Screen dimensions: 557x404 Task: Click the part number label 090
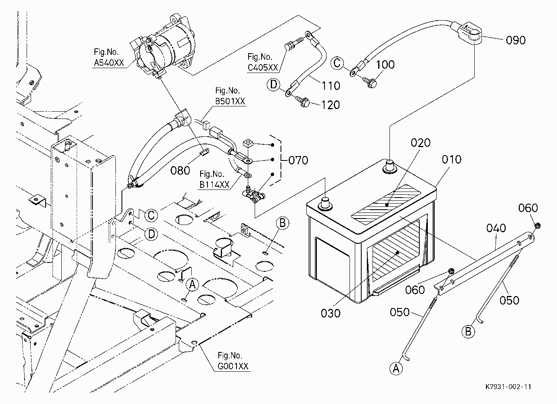(516, 40)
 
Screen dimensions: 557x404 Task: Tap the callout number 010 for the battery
(452, 159)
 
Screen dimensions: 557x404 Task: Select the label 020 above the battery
(421, 143)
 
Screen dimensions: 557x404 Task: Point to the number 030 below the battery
(331, 313)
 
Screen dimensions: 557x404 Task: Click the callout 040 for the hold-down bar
(496, 228)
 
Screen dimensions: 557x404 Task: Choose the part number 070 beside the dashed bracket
(298, 160)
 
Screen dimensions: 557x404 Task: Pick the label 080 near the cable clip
(180, 171)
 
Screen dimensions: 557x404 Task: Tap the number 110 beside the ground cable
(331, 86)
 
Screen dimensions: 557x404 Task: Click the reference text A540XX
(109, 62)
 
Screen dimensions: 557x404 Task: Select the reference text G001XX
(233, 366)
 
